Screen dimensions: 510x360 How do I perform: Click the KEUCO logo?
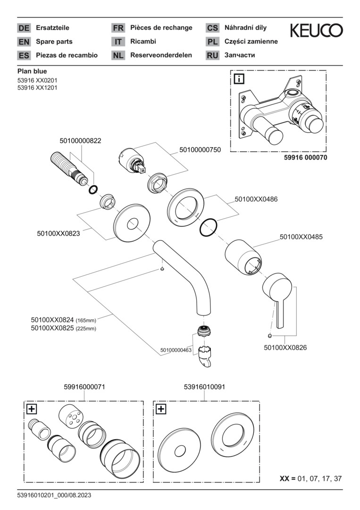point(316,31)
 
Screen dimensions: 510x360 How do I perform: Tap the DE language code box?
point(24,28)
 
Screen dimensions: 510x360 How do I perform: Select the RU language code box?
point(212,55)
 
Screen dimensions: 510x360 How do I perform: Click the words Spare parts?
point(54,42)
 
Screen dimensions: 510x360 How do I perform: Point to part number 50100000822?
point(80,141)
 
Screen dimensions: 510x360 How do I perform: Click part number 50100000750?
point(200,150)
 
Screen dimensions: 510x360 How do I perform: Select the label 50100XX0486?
point(256,199)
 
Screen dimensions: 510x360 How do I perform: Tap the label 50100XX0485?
point(301,237)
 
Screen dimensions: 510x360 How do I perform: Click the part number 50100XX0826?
point(285,348)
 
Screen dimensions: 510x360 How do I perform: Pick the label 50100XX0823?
point(58,233)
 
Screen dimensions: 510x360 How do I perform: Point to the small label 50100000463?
point(176,350)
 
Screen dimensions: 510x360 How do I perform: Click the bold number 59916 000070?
point(300,158)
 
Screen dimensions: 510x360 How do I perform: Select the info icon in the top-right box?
point(239,79)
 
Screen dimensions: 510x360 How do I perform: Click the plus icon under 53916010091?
point(161,409)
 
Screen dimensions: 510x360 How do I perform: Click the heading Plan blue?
point(32,71)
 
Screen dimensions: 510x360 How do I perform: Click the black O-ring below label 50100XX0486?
point(208,227)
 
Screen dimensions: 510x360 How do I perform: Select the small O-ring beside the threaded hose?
point(93,190)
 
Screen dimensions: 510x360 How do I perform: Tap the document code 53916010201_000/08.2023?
point(54,495)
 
